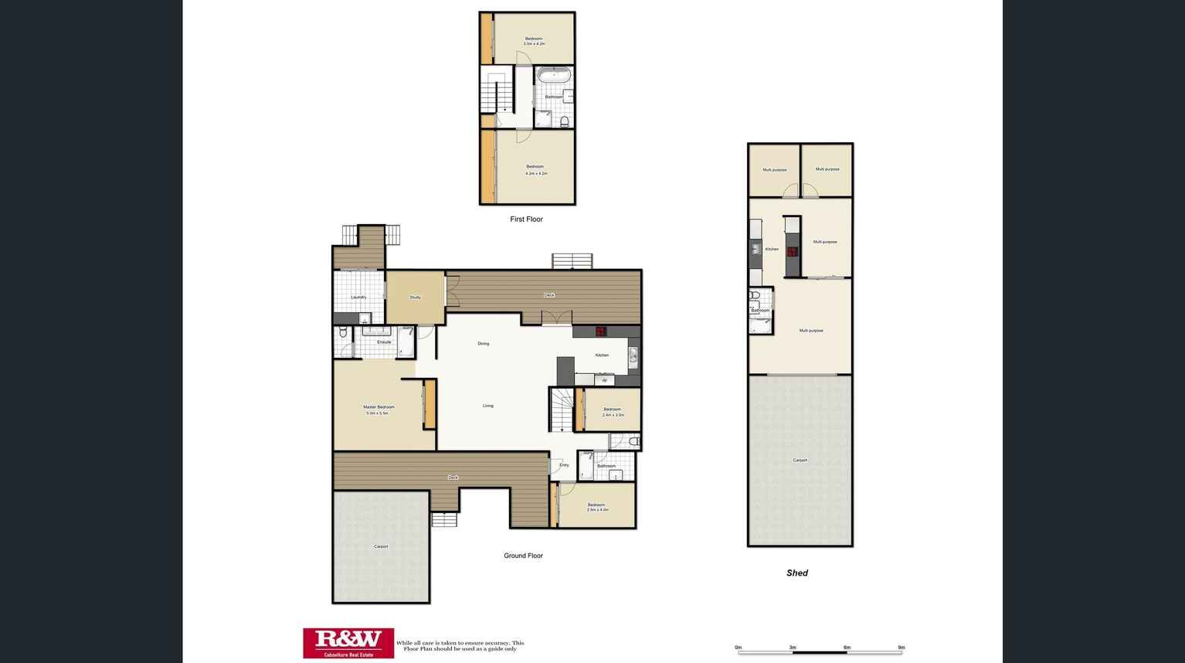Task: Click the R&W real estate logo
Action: (x=348, y=642)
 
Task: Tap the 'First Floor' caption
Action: (x=526, y=219)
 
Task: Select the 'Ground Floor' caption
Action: (x=523, y=556)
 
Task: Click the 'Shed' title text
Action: (x=796, y=573)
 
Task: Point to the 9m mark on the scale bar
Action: (x=901, y=648)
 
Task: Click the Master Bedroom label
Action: (x=379, y=407)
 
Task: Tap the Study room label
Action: (x=415, y=297)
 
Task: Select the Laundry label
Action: (x=358, y=297)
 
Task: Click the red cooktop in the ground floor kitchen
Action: (x=600, y=332)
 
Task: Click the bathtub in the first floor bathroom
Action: (x=554, y=75)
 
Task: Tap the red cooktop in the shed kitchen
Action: (x=792, y=251)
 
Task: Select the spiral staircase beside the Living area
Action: (x=562, y=410)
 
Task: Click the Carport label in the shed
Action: (x=800, y=461)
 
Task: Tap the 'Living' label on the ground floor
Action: (x=487, y=406)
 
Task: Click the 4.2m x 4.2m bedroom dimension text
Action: (x=536, y=174)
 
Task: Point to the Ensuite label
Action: (x=384, y=342)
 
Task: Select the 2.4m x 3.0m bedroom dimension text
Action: (x=613, y=415)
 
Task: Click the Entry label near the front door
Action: (x=564, y=465)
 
